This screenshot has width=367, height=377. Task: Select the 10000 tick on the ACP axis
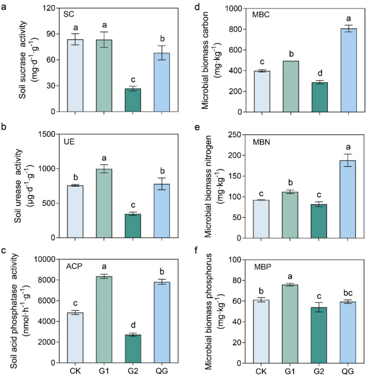tap(50, 260)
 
